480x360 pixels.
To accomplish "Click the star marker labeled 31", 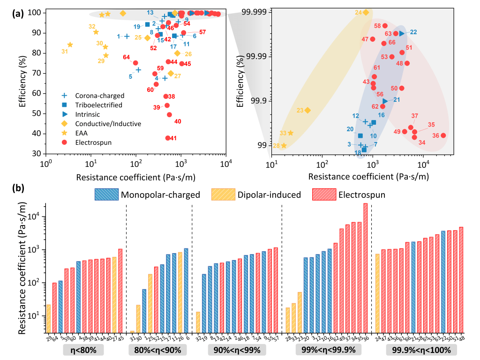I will coord(70,45).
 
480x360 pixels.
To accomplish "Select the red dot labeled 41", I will coord(168,138).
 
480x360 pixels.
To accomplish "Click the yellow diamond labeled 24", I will coord(366,12).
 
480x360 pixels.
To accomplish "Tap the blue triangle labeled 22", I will coord(402,33).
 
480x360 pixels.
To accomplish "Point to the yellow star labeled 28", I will coord(284,146).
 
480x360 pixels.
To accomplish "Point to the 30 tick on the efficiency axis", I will coord(36,154).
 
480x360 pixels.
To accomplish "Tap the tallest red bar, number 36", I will coord(366,268).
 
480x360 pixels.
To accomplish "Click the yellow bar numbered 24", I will coord(377,293).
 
